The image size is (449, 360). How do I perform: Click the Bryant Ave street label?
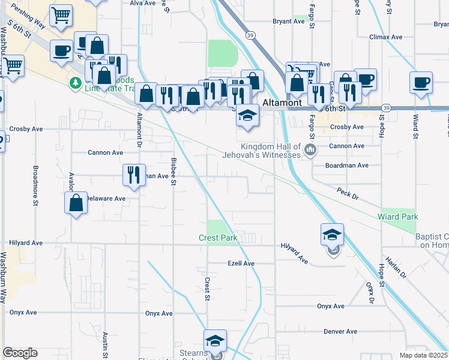click(x=289, y=21)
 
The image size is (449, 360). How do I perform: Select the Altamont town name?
click(x=282, y=103)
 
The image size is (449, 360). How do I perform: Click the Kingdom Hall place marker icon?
click(x=310, y=149)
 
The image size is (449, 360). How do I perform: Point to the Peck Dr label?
click(x=348, y=196)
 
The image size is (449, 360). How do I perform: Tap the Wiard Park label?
click(x=397, y=216)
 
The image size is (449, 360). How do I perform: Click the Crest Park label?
click(x=218, y=238)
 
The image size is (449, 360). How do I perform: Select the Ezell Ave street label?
click(x=241, y=263)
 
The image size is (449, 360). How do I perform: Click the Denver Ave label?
click(x=340, y=331)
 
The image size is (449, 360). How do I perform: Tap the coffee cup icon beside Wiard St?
click(x=421, y=82)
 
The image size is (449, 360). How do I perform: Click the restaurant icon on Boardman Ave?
click(x=133, y=175)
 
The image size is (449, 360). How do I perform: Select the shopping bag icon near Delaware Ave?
click(x=76, y=202)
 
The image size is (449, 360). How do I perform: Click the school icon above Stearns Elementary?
click(x=215, y=341)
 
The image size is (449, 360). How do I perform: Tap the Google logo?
click(x=20, y=353)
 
